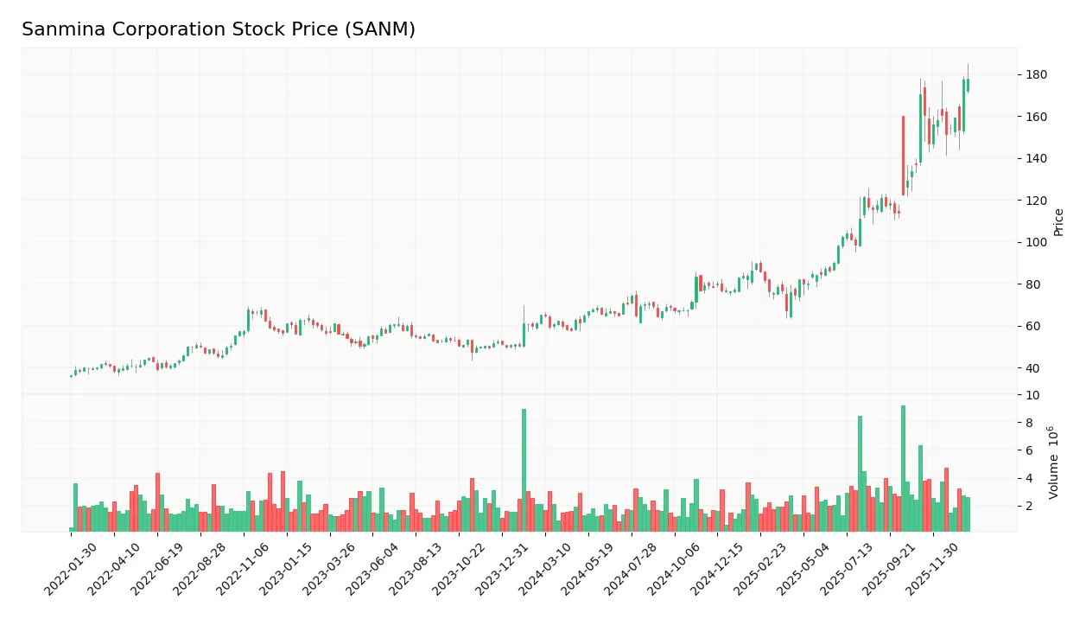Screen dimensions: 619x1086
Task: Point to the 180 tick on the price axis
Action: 1036,75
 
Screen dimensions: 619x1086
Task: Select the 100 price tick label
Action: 1036,243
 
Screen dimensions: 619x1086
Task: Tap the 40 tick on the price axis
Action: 1032,368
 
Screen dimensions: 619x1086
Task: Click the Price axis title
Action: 1059,222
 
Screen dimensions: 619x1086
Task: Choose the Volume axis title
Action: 1054,463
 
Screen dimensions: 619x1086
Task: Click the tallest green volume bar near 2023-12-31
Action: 524,470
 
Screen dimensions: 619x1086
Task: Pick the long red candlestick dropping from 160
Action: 903,156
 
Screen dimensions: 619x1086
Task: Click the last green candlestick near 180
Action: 968,85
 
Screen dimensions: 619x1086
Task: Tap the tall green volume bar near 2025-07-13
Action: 860,474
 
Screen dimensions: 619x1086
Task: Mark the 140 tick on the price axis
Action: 1036,159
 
